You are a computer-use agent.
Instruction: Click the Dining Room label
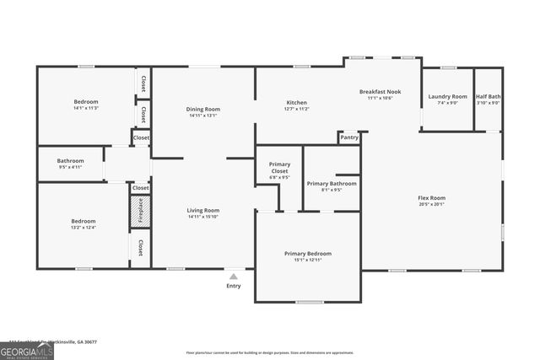[202, 109]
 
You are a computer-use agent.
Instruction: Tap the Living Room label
[202, 210]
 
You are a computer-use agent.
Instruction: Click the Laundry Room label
[447, 96]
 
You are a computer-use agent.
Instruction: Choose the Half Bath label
[489, 96]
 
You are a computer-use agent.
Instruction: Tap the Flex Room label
[431, 197]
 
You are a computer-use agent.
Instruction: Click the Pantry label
[349, 137]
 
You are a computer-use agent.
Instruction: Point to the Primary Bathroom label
[331, 183]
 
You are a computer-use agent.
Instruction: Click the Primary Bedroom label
[307, 253]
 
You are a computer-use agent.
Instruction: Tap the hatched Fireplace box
[140, 208]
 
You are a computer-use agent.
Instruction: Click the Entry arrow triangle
[234, 276]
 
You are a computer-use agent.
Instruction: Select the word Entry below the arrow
[234, 286]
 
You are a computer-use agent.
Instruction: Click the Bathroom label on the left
[70, 160]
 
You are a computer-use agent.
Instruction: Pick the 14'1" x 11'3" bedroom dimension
[86, 108]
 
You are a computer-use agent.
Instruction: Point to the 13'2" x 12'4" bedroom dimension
[83, 228]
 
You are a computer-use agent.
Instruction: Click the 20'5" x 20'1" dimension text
[431, 204]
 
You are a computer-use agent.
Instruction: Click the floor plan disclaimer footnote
[269, 352]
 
